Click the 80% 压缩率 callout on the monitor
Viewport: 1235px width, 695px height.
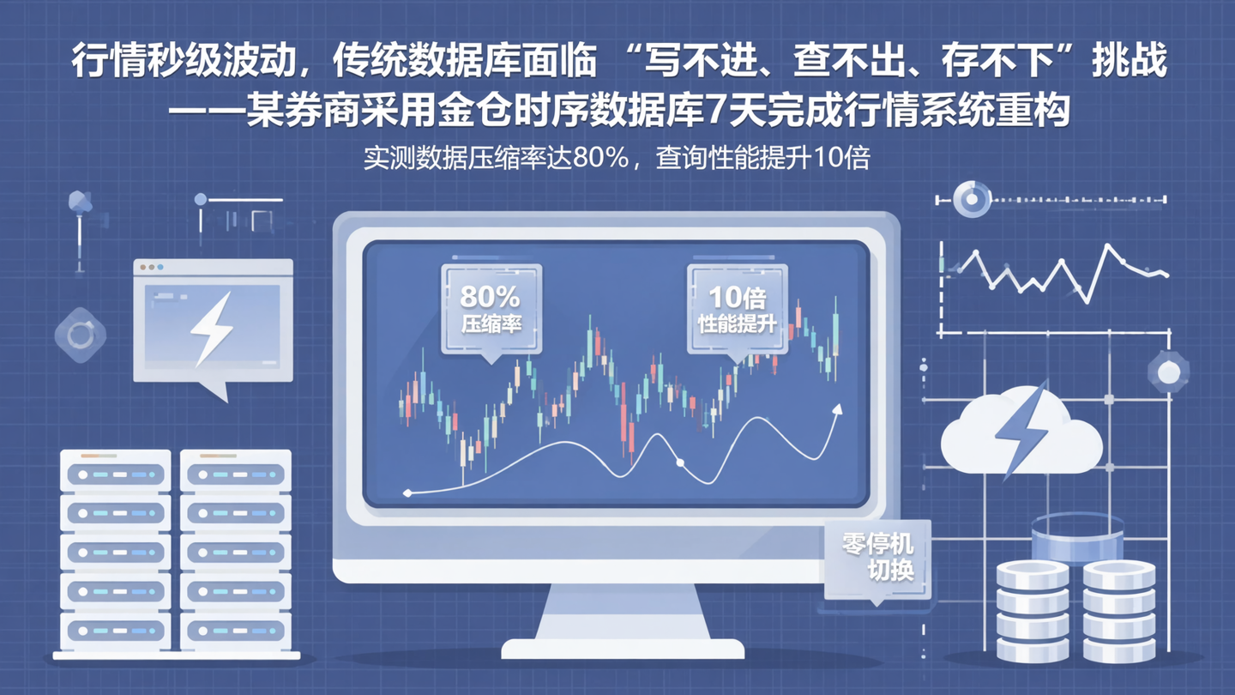(491, 309)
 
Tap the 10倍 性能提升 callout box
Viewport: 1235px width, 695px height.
(737, 309)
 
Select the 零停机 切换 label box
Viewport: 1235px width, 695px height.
(877, 557)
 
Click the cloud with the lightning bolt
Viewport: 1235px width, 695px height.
(1021, 433)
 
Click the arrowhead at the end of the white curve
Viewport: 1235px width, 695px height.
(836, 410)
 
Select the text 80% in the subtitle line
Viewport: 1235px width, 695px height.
(600, 159)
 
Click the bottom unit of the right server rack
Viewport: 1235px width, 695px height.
(236, 631)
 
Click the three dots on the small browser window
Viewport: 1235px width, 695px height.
(152, 268)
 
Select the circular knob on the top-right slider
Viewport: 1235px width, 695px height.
(972, 200)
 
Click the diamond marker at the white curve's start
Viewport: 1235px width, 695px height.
(407, 493)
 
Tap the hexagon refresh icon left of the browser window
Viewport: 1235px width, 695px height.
(80, 335)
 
